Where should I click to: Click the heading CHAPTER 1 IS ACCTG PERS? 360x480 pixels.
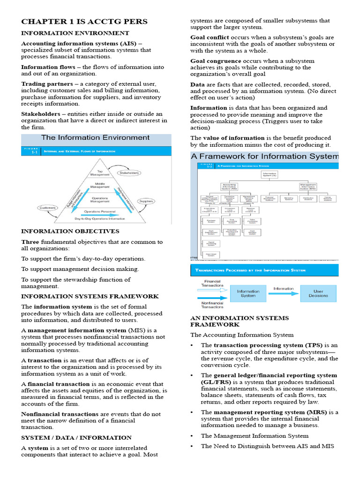click(x=84, y=22)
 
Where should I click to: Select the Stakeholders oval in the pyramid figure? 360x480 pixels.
click(x=129, y=173)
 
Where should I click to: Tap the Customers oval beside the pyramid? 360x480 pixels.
click(x=48, y=208)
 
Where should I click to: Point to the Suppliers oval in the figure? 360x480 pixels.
click(x=146, y=202)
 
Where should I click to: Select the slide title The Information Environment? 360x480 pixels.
click(x=95, y=137)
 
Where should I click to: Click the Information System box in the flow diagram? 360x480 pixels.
click(x=248, y=293)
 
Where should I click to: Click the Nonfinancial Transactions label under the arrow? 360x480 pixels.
click(x=212, y=304)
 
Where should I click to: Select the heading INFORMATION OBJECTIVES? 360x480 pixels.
click(x=70, y=231)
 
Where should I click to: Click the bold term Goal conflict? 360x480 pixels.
click(x=210, y=37)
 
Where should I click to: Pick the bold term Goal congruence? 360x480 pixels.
click(x=216, y=61)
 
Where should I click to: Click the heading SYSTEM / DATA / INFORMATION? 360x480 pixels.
click(x=76, y=437)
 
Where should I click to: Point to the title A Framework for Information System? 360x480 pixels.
click(x=264, y=156)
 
